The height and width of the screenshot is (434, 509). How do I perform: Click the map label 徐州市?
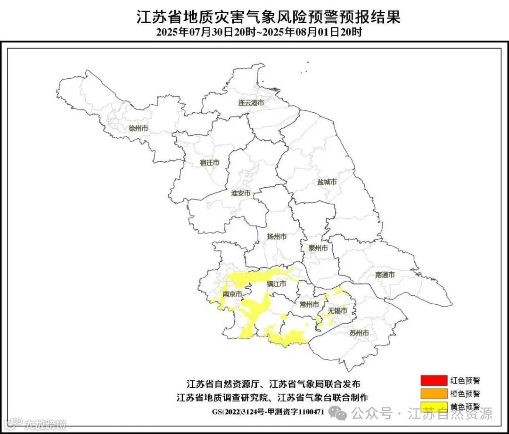pyautogui.click(x=138, y=128)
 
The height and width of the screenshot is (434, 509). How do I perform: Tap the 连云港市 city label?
pyautogui.click(x=250, y=103)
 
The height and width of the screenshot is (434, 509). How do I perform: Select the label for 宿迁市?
pyautogui.click(x=209, y=163)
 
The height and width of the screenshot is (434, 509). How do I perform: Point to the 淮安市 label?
pyautogui.click(x=241, y=193)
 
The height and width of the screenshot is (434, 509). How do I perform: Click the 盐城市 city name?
pyautogui.click(x=327, y=182)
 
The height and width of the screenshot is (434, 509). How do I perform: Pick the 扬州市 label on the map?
pyautogui.click(x=277, y=237)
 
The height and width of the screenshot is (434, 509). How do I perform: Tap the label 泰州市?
pyautogui.click(x=318, y=248)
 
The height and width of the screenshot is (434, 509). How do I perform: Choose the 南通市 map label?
pyautogui.click(x=385, y=275)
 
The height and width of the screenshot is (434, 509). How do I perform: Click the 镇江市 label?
pyautogui.click(x=277, y=284)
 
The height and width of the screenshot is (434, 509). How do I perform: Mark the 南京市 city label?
pyautogui.click(x=232, y=294)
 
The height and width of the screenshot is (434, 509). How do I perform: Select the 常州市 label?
pyautogui.click(x=310, y=304)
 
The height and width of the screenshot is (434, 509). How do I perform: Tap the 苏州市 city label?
pyautogui.click(x=359, y=333)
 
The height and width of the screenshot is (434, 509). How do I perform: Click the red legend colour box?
pyautogui.click(x=434, y=380)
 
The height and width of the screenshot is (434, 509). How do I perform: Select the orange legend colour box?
pyautogui.click(x=434, y=392)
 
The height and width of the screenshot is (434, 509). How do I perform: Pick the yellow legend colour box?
pyautogui.click(x=434, y=405)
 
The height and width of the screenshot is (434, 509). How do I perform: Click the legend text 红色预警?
pyautogui.click(x=465, y=380)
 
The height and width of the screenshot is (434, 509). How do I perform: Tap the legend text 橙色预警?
pyautogui.click(x=465, y=393)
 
